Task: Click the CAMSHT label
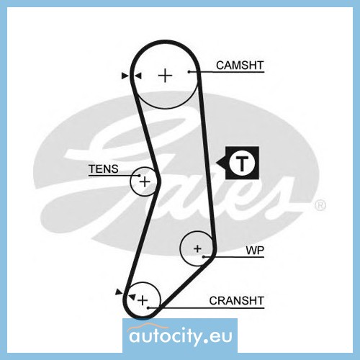point(240,66)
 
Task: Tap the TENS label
point(104,169)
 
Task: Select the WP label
point(255,251)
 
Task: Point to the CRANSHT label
point(236,300)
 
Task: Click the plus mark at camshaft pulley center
point(166,76)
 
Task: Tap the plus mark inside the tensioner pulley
point(145,181)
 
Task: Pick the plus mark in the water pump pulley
point(197,248)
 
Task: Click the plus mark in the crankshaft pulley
point(143,300)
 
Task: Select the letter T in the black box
point(242,163)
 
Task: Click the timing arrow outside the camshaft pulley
point(125,76)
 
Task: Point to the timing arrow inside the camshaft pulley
point(138,76)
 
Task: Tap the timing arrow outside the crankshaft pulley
point(119,292)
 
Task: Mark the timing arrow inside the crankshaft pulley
point(132,297)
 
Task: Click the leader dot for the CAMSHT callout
point(189,71)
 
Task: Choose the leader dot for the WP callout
point(204,257)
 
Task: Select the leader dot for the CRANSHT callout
point(148,307)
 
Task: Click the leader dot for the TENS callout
point(139,176)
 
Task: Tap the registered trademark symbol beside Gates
point(320,205)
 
